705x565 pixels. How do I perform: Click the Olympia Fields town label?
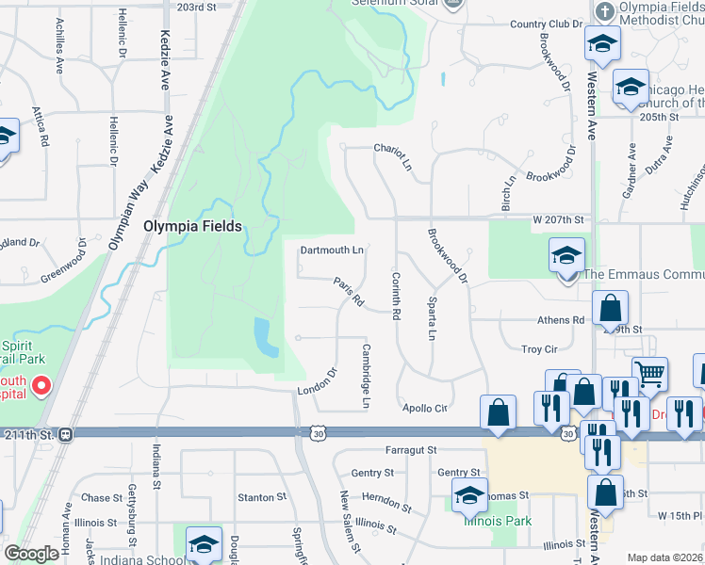pos(192,227)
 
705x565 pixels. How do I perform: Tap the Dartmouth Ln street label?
pos(331,250)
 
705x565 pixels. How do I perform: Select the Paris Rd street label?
pos(348,291)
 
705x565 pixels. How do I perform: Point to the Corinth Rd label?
pos(396,295)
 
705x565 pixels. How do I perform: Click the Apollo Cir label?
pos(424,409)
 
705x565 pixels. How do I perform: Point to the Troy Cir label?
pos(539,349)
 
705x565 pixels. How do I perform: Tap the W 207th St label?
pos(559,219)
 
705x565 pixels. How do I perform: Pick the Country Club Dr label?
pos(540,24)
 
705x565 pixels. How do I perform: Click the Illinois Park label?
pos(497,521)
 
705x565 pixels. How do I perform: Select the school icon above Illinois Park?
pos(469,493)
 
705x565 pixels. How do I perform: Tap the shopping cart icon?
pos(649,374)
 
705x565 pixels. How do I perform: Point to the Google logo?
pos(32,555)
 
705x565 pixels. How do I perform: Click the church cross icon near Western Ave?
pos(605,12)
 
